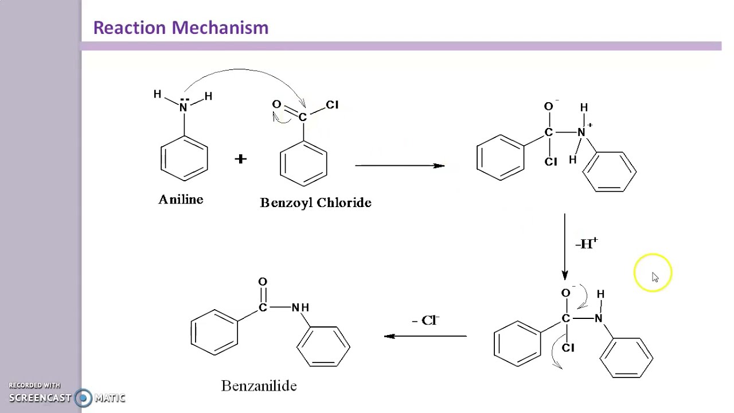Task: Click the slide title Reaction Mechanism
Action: [181, 28]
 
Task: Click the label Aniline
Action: [181, 200]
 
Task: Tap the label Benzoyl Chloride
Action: [315, 202]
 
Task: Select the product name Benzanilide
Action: [259, 386]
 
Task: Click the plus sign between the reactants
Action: [240, 159]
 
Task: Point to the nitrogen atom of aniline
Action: [183, 107]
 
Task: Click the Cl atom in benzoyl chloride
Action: [332, 105]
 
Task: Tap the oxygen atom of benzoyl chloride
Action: [276, 104]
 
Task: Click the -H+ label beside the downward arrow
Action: [586, 244]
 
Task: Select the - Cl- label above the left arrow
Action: [425, 320]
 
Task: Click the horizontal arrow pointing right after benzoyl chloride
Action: [400, 166]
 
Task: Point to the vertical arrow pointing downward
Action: [565, 247]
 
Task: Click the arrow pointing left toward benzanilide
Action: [425, 336]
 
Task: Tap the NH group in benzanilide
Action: [300, 307]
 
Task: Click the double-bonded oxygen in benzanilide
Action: [263, 282]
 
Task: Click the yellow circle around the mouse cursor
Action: [653, 273]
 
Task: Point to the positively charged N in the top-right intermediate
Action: [581, 133]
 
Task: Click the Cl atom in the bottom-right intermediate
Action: [568, 348]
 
